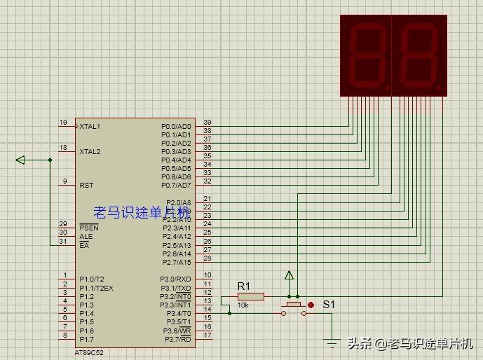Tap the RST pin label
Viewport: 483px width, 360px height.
[x=87, y=186]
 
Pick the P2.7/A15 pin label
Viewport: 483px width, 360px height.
[x=176, y=263]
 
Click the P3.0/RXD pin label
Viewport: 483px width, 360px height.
[x=177, y=279]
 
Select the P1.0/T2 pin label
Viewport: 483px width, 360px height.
[x=92, y=279]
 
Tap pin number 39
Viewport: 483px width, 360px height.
[x=207, y=123]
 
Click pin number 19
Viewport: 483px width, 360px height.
[x=63, y=123]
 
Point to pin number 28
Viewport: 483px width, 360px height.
[x=207, y=258]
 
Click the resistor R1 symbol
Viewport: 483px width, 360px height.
[x=250, y=296]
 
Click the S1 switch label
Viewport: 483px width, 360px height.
[x=329, y=305]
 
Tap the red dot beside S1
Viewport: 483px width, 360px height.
[x=311, y=305]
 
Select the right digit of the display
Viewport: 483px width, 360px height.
[x=419, y=55]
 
